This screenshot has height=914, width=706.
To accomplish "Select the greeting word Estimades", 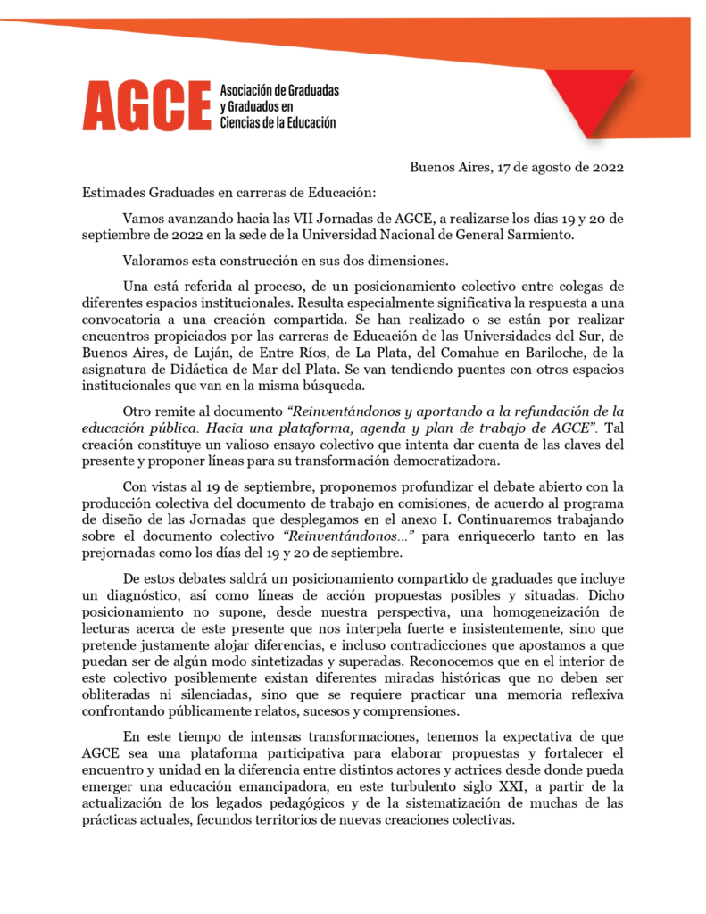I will (x=116, y=191).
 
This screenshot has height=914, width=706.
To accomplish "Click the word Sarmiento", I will (x=536, y=236).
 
